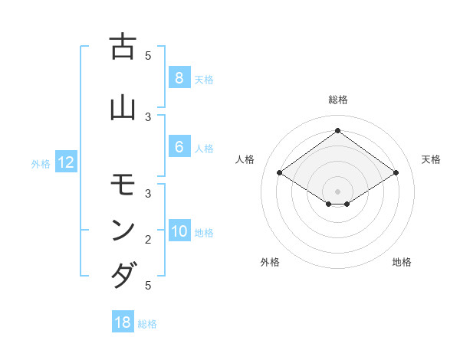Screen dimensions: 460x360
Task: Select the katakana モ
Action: coord(123,186)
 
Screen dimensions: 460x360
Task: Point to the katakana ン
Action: coord(123,230)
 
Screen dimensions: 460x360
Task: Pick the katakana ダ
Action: coord(123,274)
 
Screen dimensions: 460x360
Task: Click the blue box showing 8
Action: coord(179,78)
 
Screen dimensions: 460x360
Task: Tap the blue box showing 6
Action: coord(179,147)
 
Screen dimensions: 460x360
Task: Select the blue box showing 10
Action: coord(179,232)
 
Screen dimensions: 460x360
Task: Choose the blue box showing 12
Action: coord(65,162)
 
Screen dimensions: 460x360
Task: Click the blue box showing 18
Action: coord(123,322)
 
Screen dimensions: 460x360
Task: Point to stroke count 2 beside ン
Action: coord(148,240)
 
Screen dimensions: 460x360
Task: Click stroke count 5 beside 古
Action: coord(148,55)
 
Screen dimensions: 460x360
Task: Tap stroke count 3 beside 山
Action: coord(148,116)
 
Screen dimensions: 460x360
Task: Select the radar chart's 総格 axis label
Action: coord(337,100)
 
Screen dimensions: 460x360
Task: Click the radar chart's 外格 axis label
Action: coord(270,262)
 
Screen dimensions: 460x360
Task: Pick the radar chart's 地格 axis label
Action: coord(402,262)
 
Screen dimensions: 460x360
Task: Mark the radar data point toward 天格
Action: coord(396,173)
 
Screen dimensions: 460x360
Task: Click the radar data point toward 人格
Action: coord(279,173)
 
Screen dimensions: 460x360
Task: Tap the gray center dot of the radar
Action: coord(337,191)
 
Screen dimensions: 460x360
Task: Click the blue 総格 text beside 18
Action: coord(147,324)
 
